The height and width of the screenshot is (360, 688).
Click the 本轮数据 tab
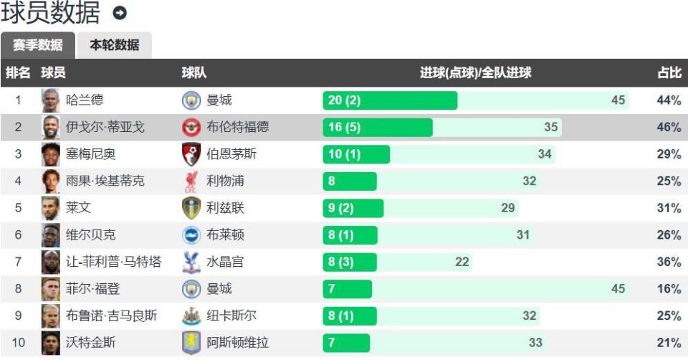click(x=114, y=45)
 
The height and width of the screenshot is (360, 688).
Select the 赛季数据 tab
click(x=37, y=45)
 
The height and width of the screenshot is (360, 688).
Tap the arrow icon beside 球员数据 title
click(x=120, y=13)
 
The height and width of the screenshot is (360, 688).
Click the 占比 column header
click(x=669, y=73)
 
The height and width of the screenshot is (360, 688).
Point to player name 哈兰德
click(x=85, y=100)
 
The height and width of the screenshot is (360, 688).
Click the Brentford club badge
click(x=191, y=128)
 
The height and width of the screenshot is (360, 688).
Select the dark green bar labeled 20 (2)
click(x=389, y=100)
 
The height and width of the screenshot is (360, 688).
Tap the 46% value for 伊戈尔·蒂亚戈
click(x=668, y=128)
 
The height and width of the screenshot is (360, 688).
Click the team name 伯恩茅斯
click(x=231, y=154)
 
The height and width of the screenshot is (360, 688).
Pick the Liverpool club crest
click(x=191, y=181)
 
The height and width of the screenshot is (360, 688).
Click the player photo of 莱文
click(x=50, y=208)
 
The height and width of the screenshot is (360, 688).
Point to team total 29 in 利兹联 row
click(x=508, y=208)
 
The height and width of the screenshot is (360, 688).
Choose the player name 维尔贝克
click(x=90, y=235)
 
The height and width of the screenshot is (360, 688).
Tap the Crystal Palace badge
click(x=191, y=262)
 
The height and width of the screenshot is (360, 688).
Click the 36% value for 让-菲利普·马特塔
click(x=668, y=262)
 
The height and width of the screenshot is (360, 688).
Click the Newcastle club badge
click(x=191, y=316)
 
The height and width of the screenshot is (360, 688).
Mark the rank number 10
click(x=19, y=343)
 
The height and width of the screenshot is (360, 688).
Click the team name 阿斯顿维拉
click(x=237, y=343)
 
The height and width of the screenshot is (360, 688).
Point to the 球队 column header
click(x=193, y=73)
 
